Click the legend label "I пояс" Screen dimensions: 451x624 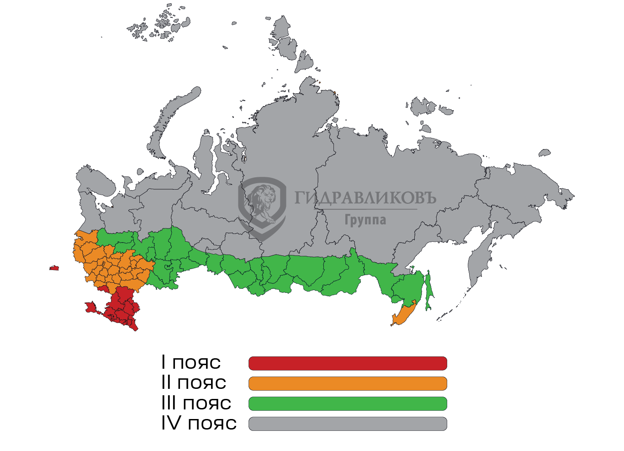tap(191, 362)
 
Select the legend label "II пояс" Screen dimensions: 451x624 tap(194, 382)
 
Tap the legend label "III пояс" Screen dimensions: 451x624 tap(196, 403)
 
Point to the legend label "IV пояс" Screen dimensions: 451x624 tap(199, 423)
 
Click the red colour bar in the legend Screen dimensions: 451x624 tap(348, 363)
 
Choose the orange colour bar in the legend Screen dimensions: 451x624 tap(348, 383)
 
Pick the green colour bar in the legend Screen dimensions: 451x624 tap(348, 403)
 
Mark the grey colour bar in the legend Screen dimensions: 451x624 tap(348, 424)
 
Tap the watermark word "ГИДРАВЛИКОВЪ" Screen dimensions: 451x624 tap(365, 197)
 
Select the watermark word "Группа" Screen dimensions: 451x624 tap(365, 220)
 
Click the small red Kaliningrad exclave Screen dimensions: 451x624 tap(54, 268)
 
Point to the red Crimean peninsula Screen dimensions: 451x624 tap(91, 307)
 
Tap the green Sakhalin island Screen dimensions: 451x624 tap(428, 292)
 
